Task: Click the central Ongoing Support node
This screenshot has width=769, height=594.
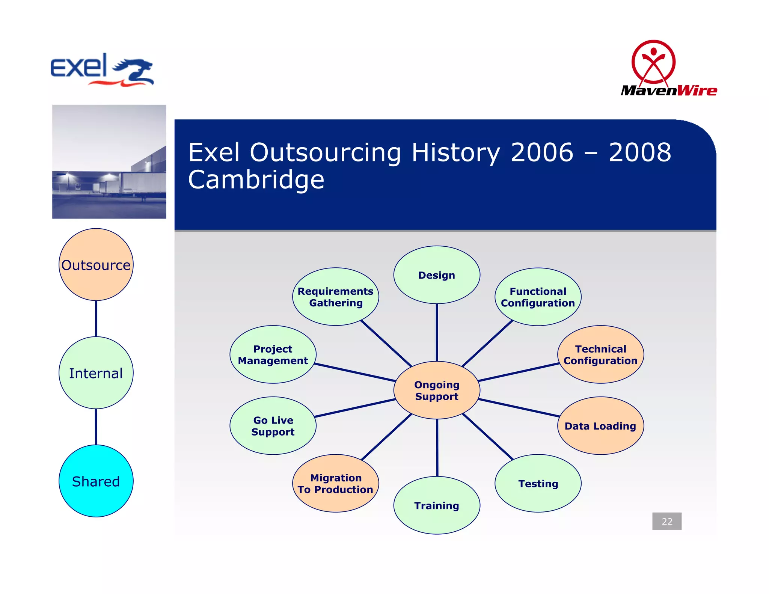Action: pyautogui.click(x=437, y=390)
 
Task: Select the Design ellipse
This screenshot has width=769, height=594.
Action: pyautogui.click(x=437, y=275)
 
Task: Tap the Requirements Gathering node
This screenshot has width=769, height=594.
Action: pyautogui.click(x=336, y=297)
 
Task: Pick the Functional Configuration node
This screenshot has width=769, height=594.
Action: pyautogui.click(x=538, y=297)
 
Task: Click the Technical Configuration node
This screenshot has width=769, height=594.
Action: pyautogui.click(x=600, y=354)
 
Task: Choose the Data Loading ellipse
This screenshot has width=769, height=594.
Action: pyautogui.click(x=600, y=426)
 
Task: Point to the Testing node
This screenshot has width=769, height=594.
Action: pyautogui.click(x=538, y=483)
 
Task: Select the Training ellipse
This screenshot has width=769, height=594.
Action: pyautogui.click(x=437, y=505)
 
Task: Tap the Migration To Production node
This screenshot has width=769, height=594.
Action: pyautogui.click(x=336, y=483)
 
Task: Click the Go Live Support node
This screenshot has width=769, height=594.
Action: pyautogui.click(x=273, y=426)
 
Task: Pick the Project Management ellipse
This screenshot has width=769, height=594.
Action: pyautogui.click(x=273, y=354)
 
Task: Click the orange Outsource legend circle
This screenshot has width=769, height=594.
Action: pyautogui.click(x=96, y=265)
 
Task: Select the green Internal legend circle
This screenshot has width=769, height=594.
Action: pyautogui.click(x=96, y=373)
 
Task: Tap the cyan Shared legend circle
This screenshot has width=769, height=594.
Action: pyautogui.click(x=96, y=481)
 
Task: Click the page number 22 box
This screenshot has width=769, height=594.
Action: pyautogui.click(x=667, y=521)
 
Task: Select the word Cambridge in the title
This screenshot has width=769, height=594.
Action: pyautogui.click(x=256, y=179)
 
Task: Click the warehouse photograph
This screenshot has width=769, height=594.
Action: pyautogui.click(x=109, y=161)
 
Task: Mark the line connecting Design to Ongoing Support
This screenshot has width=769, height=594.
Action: pyautogui.click(x=437, y=332)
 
